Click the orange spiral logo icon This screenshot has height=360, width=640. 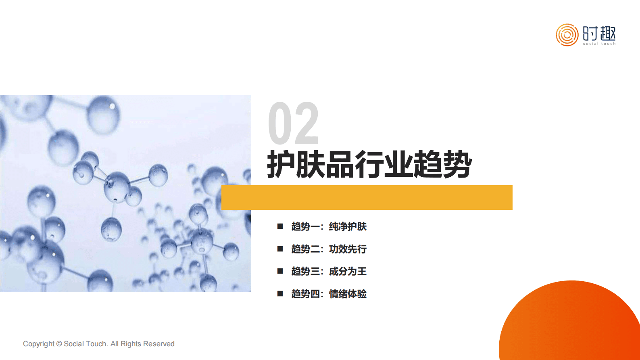(567, 35)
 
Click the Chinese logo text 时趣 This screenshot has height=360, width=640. (599, 33)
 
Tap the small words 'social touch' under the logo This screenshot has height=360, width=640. (599, 44)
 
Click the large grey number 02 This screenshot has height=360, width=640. (293, 123)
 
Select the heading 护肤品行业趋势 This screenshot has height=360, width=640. (369, 164)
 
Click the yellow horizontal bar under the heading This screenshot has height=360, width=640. (367, 197)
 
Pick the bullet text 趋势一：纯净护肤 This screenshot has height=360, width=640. (329, 226)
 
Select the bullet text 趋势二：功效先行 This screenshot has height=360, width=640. (329, 249)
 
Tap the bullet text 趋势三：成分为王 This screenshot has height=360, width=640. (329, 271)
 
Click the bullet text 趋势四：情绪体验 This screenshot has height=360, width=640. (329, 294)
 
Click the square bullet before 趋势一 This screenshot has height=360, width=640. (280, 226)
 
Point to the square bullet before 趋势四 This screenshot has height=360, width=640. (280, 294)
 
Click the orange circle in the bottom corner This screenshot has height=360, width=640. (573, 323)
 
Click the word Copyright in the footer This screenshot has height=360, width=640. (38, 344)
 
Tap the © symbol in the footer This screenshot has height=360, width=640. (59, 344)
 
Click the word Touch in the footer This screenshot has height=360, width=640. (96, 344)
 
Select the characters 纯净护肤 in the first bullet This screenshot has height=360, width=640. (348, 226)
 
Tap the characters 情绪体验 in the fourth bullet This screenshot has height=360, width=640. (348, 294)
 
